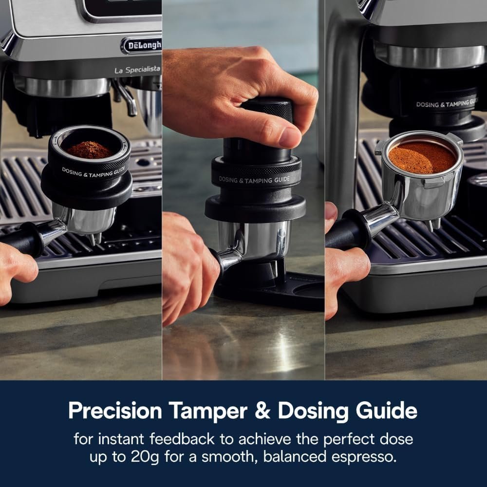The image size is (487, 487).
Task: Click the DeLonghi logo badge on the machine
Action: click(142, 45)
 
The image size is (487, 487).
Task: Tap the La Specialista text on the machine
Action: click(137, 70)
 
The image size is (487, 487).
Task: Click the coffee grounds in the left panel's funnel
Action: click(90, 150)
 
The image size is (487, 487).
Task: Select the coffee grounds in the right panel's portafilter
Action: click(422, 157)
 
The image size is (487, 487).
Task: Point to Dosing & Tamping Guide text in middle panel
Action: click(254, 179)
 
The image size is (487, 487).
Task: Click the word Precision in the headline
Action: click(115, 411)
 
